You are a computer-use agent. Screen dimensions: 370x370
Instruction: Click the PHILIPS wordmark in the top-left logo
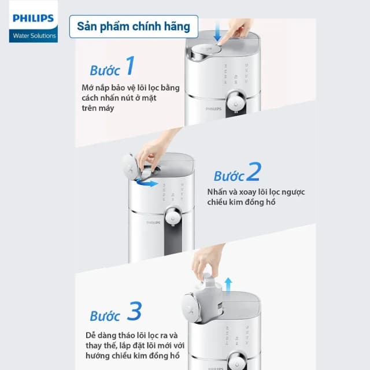(33, 18)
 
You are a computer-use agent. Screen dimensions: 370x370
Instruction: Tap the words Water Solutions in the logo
(33, 35)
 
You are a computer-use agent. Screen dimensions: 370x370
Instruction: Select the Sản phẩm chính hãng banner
(134, 27)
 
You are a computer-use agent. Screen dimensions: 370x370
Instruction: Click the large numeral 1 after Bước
(130, 66)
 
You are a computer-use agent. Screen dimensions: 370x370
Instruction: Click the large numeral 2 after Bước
(253, 172)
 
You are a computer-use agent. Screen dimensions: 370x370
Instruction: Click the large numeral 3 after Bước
(134, 312)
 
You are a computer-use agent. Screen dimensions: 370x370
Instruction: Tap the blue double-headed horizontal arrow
(149, 184)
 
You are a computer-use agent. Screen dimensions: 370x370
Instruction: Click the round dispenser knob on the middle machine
(172, 216)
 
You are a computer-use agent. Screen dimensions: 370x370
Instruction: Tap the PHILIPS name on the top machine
(213, 108)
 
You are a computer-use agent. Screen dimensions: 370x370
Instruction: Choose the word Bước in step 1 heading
(105, 70)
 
